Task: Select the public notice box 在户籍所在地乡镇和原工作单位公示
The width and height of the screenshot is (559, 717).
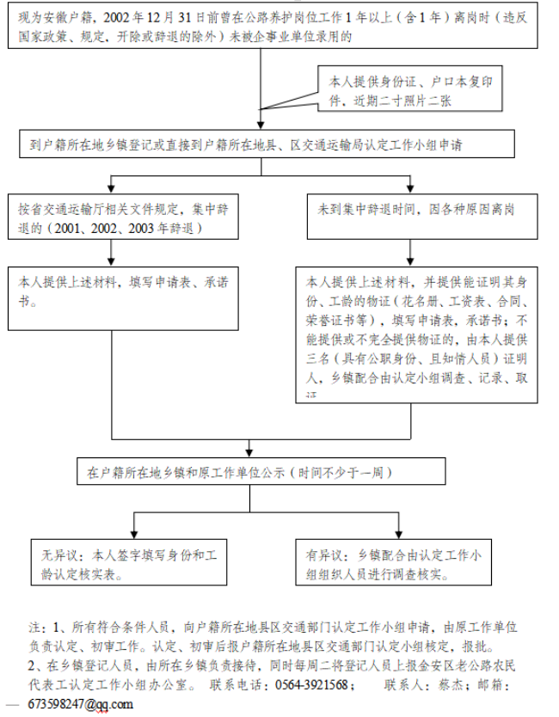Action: pos(259,472)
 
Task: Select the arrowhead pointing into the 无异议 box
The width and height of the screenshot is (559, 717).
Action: pos(133,535)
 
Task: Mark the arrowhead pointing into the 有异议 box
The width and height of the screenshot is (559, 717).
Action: pos(398,535)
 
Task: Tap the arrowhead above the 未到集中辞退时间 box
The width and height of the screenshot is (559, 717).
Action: pos(412,191)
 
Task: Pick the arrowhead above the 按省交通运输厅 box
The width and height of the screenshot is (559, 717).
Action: pos(111,191)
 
